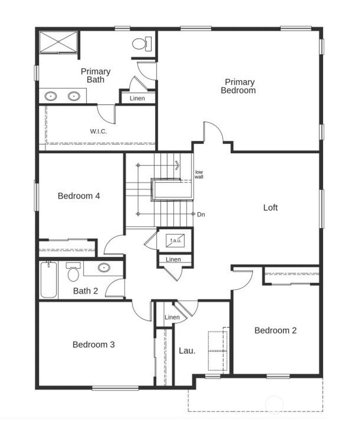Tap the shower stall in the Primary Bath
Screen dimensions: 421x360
coord(58,42)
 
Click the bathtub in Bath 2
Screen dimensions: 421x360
coord(49,280)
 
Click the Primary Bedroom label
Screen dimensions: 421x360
coord(238,86)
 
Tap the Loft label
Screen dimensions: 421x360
coord(270,208)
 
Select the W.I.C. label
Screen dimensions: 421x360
coord(98,132)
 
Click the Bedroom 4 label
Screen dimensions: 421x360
coord(79,196)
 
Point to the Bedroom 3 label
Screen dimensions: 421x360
coord(94,344)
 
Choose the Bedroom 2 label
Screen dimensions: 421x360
coord(275,330)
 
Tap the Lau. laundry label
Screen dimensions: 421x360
coord(187,350)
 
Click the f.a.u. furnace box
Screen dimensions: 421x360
coord(175,240)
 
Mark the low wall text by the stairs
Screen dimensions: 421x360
coord(199,174)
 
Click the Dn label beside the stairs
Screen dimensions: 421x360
coord(201,214)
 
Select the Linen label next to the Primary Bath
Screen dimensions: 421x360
coord(137,98)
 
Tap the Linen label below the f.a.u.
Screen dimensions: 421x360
coord(173,260)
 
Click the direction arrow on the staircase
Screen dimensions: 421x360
coord(177,165)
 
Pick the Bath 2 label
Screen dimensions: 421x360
coord(85,291)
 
